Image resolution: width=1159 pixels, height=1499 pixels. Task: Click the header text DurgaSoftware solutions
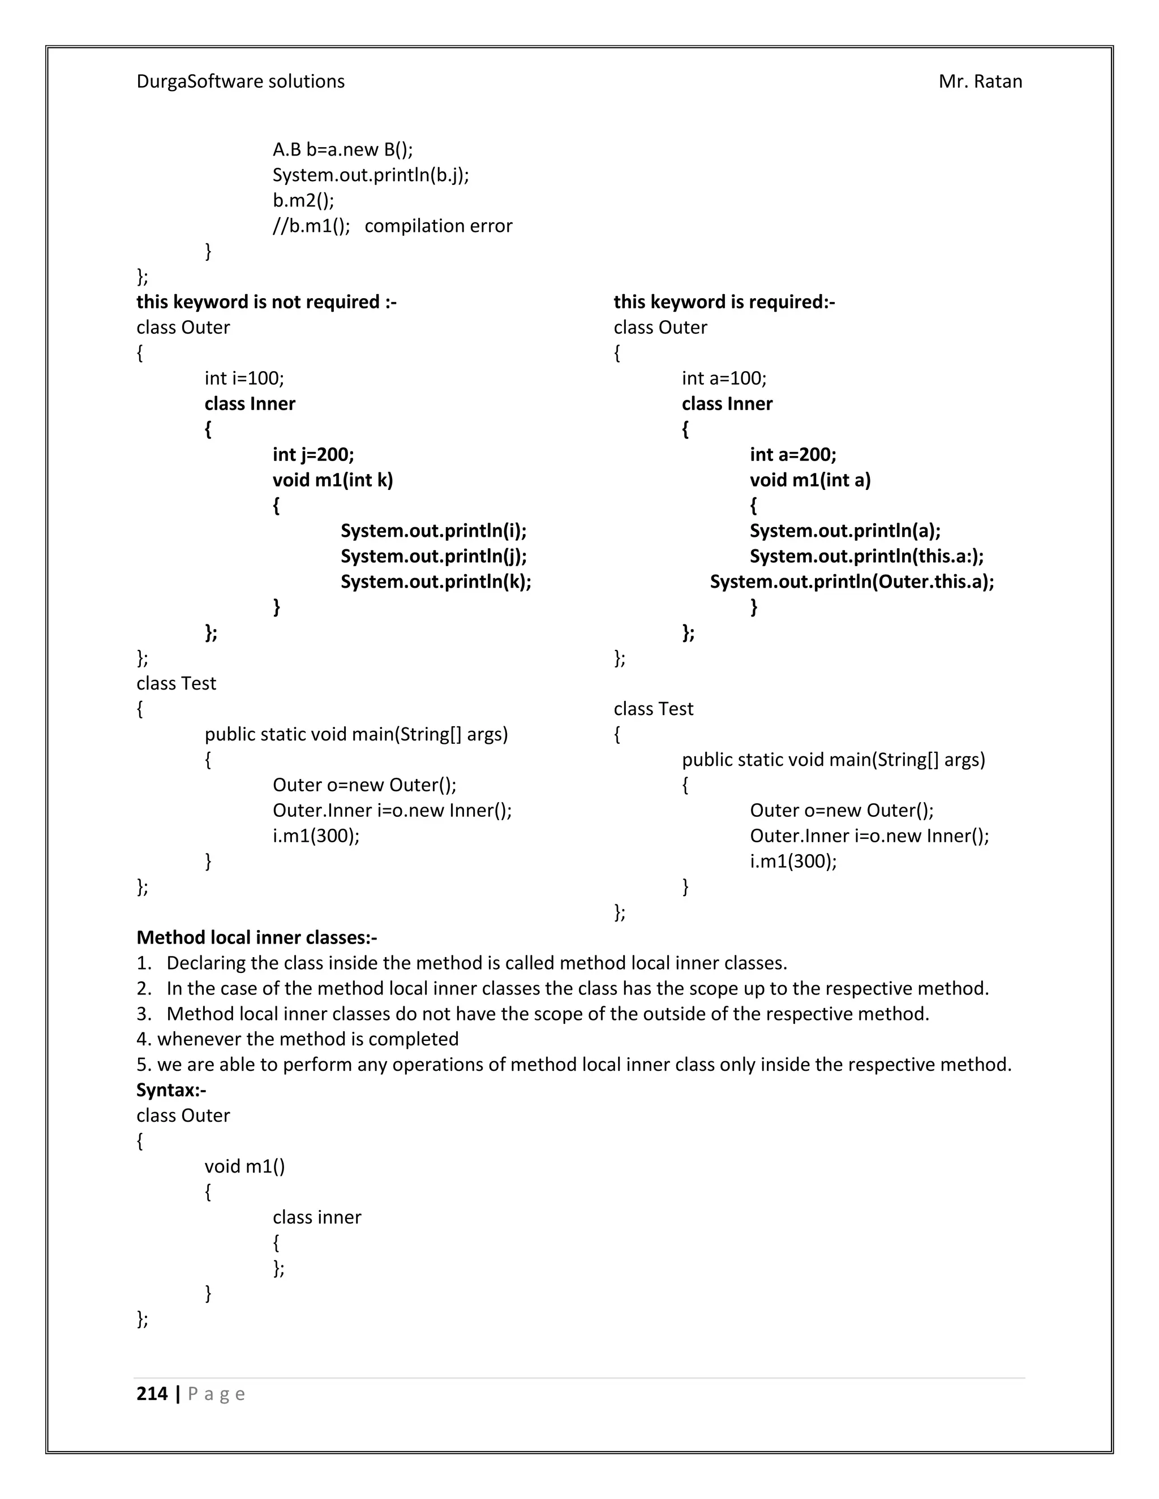241,81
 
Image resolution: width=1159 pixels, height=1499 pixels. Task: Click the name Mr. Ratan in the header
980,81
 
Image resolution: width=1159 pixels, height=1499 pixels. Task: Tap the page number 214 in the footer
152,1394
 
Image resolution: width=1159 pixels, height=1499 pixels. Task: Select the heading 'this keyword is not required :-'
267,302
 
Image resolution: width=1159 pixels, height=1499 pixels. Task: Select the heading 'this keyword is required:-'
724,302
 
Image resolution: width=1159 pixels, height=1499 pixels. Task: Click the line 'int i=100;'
244,378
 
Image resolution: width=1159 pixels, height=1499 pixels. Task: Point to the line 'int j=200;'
313,454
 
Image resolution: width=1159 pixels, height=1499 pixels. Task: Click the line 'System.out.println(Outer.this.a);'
851,581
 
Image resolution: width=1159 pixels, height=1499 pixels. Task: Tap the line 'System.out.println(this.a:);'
866,556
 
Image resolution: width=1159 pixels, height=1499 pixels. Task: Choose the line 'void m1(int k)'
332,480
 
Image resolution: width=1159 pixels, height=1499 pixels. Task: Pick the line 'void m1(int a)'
809,480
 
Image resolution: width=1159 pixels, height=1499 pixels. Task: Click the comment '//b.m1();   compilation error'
392,226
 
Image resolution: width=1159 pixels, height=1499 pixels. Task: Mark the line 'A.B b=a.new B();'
342,150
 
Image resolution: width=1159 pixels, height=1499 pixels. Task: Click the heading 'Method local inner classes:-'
257,937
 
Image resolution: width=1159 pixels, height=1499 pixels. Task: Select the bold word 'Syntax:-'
171,1090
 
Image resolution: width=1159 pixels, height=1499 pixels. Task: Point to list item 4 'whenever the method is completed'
297,1039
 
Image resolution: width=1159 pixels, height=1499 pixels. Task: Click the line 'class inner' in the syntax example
316,1217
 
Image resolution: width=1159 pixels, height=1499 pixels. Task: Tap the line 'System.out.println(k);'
435,581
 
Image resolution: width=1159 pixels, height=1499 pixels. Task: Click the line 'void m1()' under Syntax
244,1166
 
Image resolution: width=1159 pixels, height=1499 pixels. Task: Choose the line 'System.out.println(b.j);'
371,175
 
